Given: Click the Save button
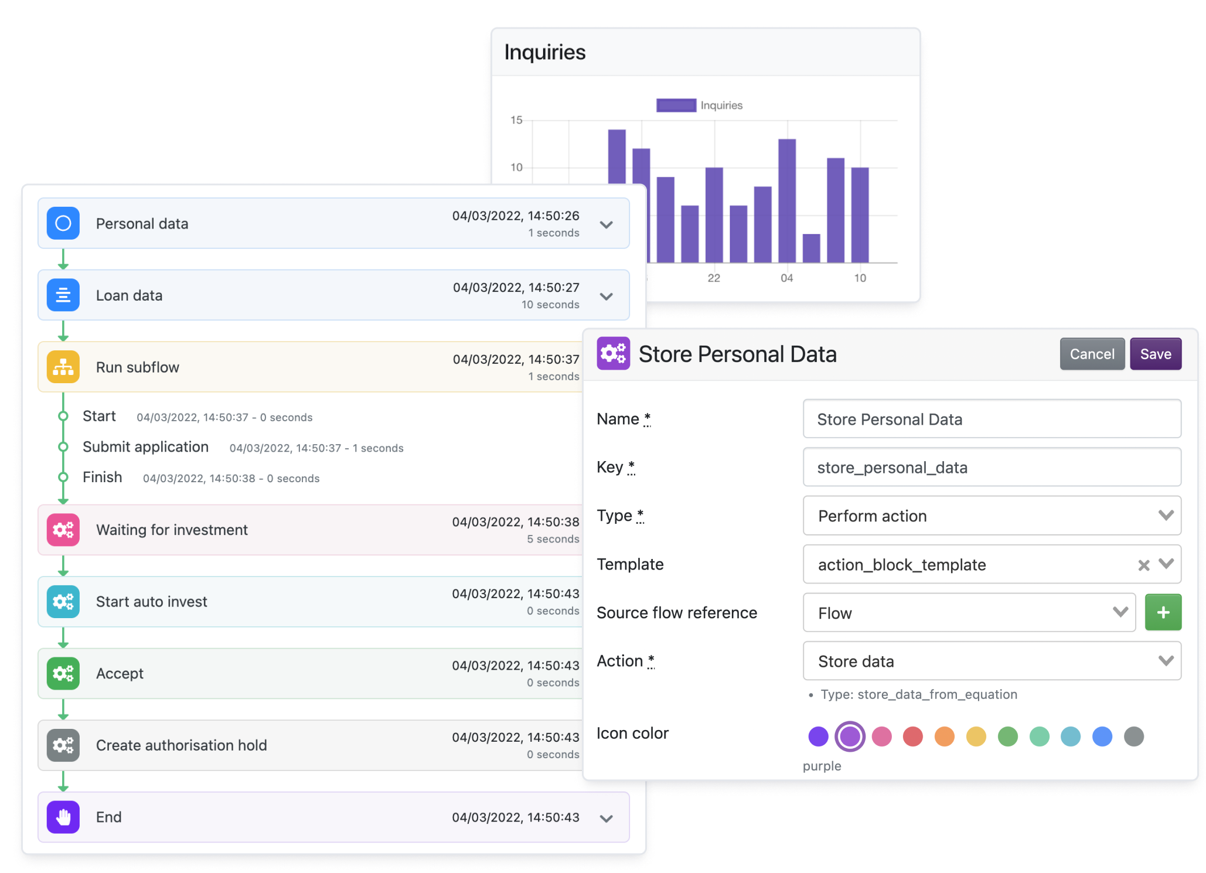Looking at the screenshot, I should tap(1155, 354).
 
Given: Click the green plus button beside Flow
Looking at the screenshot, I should tap(1163, 612).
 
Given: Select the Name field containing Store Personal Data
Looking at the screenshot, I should tap(991, 419).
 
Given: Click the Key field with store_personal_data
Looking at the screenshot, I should tap(991, 467).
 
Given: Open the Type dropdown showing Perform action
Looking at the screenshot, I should tap(991, 516).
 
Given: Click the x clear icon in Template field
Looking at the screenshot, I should tap(1143, 565).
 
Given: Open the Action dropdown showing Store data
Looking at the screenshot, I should tap(991, 661).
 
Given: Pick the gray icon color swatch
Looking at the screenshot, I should tap(1133, 736).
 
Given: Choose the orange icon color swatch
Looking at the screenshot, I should tap(944, 736).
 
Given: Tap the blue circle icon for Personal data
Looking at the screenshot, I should tap(63, 223).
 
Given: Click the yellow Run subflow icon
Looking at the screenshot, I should tap(63, 367).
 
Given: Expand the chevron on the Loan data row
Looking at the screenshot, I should tap(607, 296).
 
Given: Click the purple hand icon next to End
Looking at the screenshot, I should tap(63, 817).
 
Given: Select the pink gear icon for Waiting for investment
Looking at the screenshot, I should tap(63, 530).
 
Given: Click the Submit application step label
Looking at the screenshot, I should tap(145, 447).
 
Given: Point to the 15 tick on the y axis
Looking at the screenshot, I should tap(516, 120).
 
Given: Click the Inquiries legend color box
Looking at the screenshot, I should tap(676, 105).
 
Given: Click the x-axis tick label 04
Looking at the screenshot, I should tap(786, 278).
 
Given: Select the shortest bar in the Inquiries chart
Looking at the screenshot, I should tap(811, 248).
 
